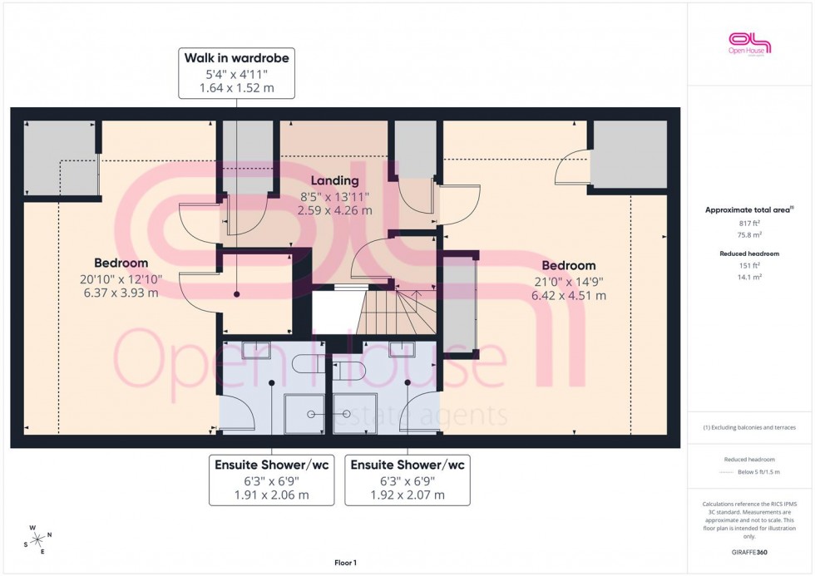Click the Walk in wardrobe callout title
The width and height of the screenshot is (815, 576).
(236, 59)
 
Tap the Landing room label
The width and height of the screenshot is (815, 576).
(334, 180)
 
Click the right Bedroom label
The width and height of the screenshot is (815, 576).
(569, 265)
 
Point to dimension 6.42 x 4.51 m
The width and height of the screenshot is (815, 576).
(569, 295)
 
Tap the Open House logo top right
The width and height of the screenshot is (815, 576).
(749, 43)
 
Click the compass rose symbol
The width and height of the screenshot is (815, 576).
(37, 539)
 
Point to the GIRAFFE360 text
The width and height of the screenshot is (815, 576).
(749, 553)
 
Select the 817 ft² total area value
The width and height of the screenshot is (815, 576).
(749, 223)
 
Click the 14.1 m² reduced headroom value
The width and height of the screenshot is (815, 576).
(749, 276)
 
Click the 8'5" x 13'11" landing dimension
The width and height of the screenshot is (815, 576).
(334, 196)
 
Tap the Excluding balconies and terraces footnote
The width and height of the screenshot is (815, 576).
(749, 427)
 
